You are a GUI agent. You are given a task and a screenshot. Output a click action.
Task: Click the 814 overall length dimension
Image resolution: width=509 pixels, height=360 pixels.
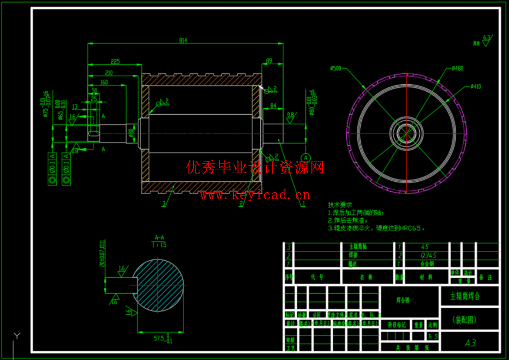click(183, 40)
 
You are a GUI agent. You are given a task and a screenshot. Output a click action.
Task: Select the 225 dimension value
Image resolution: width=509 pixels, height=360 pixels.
click(115, 61)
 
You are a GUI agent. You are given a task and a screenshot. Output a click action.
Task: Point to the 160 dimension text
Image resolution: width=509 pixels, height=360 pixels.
click(104, 82)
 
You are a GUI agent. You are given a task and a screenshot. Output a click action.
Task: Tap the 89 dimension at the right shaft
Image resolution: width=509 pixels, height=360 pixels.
click(269, 60)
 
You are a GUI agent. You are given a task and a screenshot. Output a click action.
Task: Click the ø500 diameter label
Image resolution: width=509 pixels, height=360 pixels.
click(335, 68)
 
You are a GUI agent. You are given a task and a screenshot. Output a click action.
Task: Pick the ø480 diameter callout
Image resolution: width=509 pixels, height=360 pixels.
click(457, 68)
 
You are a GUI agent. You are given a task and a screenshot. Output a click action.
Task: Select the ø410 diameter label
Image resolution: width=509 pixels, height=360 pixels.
click(475, 86)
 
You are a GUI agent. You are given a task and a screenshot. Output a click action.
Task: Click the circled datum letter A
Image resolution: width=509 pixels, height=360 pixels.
click(306, 157)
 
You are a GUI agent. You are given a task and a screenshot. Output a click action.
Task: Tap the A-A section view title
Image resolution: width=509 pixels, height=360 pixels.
click(159, 237)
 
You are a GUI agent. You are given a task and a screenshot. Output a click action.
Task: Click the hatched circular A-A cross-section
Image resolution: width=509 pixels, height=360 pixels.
click(158, 285)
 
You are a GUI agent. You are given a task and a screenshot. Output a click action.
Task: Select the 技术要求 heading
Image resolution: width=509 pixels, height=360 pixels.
click(340, 205)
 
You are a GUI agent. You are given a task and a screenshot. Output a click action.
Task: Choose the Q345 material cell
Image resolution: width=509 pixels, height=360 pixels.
click(428, 255)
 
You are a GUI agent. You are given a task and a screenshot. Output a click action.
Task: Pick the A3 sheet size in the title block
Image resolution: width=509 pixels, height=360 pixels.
click(470, 343)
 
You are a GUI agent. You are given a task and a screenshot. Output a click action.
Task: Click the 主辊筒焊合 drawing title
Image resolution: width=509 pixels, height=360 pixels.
click(465, 296)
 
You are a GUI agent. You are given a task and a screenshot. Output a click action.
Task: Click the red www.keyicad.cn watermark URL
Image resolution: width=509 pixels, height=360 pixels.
click(255, 194)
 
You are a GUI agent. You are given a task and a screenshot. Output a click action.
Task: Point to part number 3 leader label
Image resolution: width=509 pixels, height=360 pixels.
click(164, 204)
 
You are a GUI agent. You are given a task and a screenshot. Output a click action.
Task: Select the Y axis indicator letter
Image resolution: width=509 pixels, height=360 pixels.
click(17, 335)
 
